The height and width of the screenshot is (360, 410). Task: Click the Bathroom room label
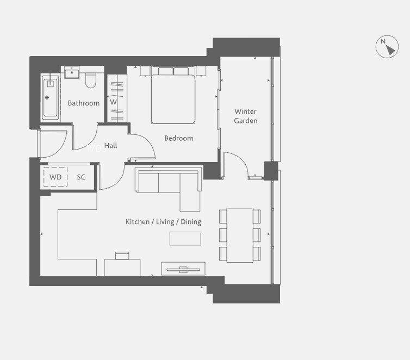84,103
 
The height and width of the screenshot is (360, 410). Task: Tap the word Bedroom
179,138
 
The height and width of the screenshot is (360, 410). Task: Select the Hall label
110,146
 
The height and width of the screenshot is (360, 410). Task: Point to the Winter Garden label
246,116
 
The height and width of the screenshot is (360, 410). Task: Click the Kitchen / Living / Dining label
164,222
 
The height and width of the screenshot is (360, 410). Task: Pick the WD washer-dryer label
55,177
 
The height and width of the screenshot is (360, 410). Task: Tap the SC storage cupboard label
81,177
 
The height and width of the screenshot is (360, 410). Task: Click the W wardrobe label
113,102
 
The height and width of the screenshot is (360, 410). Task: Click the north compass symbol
387,47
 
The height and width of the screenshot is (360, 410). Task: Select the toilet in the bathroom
91,80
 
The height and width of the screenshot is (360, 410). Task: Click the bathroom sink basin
72,72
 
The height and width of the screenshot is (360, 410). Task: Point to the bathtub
50,97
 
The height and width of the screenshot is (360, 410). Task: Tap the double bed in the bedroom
173,95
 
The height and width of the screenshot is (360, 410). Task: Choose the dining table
240,235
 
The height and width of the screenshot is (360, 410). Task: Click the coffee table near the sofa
185,239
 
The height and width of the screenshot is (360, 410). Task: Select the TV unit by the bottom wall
183,269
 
